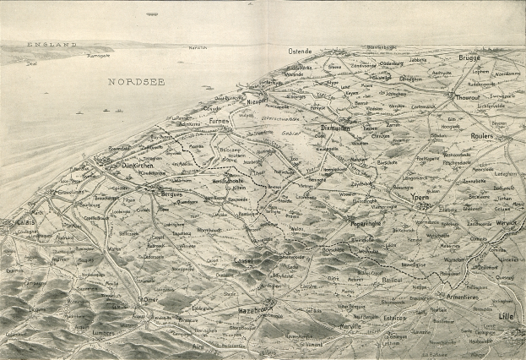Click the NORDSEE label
pos(136,81)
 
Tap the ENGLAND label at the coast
pos(52,44)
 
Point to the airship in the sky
pos(152,14)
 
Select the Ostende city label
pos(300,52)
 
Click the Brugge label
pos(469,57)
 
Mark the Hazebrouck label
pos(257,311)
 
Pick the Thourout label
pos(468,96)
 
